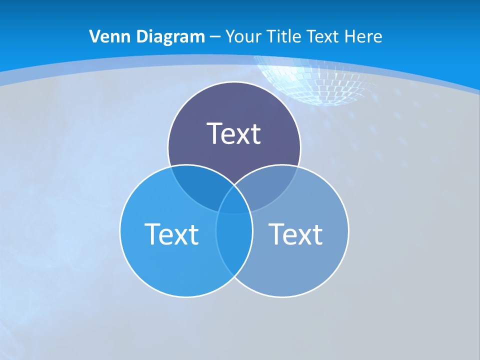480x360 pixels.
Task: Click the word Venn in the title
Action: click(x=104, y=36)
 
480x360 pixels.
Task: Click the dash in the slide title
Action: click(x=215, y=37)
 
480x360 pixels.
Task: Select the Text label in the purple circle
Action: click(x=233, y=133)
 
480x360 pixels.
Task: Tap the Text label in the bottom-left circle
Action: click(x=171, y=233)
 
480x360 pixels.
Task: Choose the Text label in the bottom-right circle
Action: click(x=295, y=233)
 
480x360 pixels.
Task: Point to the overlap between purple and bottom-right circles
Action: click(x=272, y=185)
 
